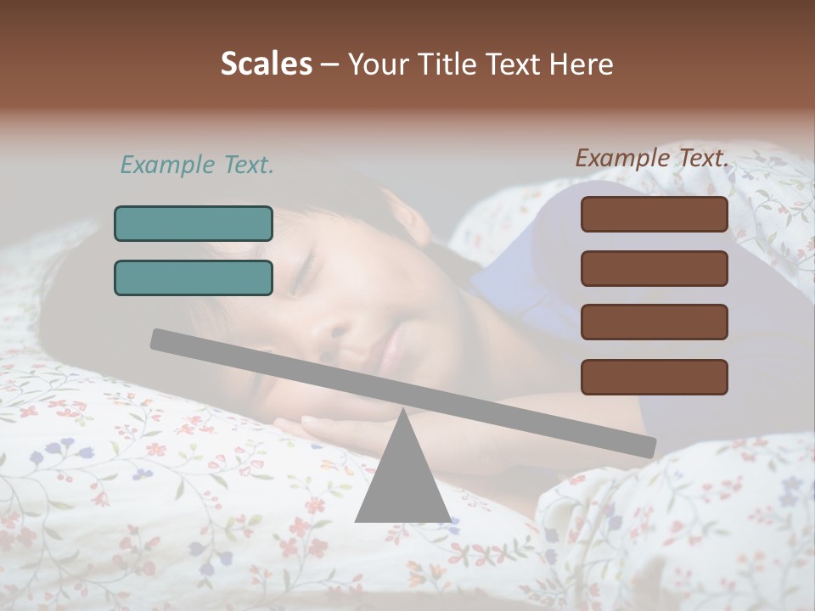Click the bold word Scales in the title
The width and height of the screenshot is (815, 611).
coord(267,64)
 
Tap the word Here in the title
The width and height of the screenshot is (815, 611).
coord(581,64)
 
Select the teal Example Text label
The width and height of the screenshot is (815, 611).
coord(197,165)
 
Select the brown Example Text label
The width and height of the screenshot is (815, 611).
coord(652,158)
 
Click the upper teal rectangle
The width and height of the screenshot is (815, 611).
coord(194,223)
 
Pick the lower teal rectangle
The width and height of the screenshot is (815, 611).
coord(194,277)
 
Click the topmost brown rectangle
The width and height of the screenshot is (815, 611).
coord(655,214)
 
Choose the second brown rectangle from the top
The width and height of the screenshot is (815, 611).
coord(655,268)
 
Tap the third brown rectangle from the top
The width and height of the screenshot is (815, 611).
coord(655,322)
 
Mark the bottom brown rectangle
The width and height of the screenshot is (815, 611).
coord(655,377)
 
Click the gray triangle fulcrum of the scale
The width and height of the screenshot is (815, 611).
coord(402,479)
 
